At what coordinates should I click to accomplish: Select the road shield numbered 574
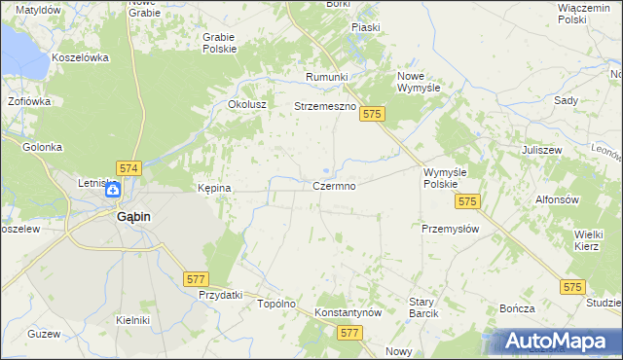[x=128, y=168]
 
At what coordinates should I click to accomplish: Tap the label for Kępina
[x=214, y=188]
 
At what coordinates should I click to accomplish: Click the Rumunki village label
[x=326, y=77]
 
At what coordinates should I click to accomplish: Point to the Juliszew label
[x=543, y=151]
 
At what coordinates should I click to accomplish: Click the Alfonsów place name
[x=558, y=198]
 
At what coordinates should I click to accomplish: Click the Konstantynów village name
[x=348, y=313]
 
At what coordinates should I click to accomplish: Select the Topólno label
[x=275, y=304]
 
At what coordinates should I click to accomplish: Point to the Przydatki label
[x=219, y=295]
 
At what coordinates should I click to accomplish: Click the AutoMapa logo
[x=556, y=341]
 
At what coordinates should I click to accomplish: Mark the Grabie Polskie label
[x=219, y=43]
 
